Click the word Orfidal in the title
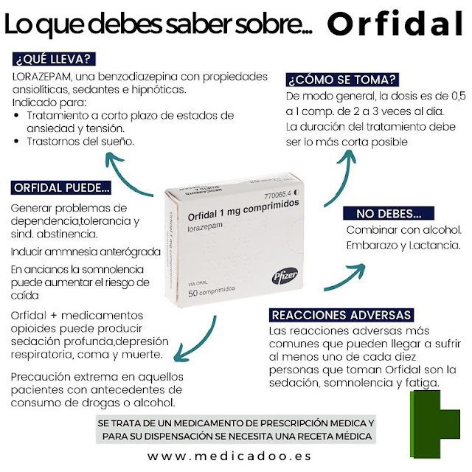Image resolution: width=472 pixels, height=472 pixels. point(395,24)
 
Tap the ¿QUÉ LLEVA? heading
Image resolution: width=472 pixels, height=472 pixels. point(54,59)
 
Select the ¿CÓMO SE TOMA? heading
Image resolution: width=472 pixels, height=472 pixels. point(342,80)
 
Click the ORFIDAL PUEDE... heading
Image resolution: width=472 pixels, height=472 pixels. point(61,188)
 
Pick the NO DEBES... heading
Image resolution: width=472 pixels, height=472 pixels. point(389,213)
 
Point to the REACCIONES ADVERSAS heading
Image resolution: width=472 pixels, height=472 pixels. point(341,315)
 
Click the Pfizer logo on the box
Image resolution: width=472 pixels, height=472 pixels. point(285,276)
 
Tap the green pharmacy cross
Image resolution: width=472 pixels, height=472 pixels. point(435,424)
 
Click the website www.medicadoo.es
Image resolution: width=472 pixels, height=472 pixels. point(229,457)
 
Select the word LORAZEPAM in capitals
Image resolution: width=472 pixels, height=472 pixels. point(42,77)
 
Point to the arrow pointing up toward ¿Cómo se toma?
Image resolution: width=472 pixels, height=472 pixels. point(341,177)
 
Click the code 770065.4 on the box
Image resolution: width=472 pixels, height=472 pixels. point(278,195)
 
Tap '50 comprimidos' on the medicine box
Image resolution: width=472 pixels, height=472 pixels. point(212,291)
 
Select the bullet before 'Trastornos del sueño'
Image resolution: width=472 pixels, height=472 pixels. point(17,141)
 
